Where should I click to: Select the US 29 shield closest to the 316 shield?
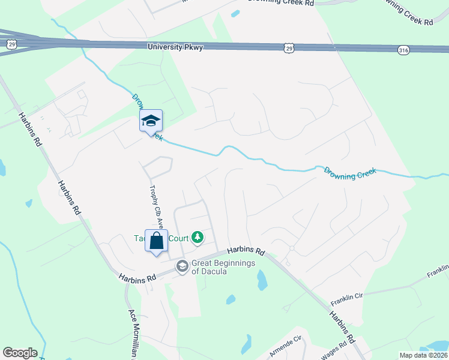point(289,47)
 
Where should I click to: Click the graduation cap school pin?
point(151,121)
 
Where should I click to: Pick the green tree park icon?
point(197,238)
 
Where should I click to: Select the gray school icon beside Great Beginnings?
point(182,266)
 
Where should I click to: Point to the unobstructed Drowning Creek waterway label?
point(350,172)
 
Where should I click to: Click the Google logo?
point(20,353)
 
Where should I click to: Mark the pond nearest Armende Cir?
point(246,344)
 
